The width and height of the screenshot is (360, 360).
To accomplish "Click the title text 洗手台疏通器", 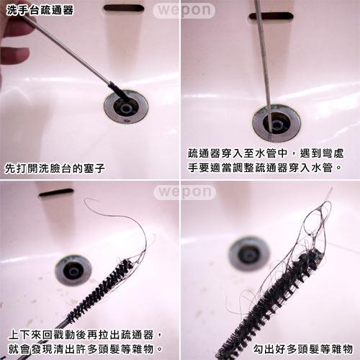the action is click(40, 10).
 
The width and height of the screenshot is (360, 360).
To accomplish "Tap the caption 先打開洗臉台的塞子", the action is click(55, 168).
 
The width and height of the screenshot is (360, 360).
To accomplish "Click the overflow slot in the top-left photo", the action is click(124, 8).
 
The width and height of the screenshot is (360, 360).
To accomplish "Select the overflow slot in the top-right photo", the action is click(271, 16).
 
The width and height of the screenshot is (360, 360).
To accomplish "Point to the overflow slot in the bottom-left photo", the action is click(56, 192).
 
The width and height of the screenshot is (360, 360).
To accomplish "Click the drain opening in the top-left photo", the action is click(126, 107).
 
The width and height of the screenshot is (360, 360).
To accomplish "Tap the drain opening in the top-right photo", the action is click(276, 122).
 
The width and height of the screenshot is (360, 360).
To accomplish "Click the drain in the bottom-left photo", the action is click(73, 271).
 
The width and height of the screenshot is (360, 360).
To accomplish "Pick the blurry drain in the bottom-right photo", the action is click(249, 254).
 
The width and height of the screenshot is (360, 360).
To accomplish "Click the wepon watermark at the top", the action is click(184, 10).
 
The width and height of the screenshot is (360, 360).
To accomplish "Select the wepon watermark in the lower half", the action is click(184, 192).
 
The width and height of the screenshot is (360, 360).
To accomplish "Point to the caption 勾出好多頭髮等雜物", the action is click(303, 349).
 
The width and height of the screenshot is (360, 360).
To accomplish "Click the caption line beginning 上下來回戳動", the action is click(86, 335).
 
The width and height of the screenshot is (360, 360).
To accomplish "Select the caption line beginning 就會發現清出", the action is click(86, 349).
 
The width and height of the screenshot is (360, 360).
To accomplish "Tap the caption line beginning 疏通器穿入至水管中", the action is click(266, 153).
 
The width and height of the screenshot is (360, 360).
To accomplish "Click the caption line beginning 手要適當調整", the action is click(265, 168).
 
